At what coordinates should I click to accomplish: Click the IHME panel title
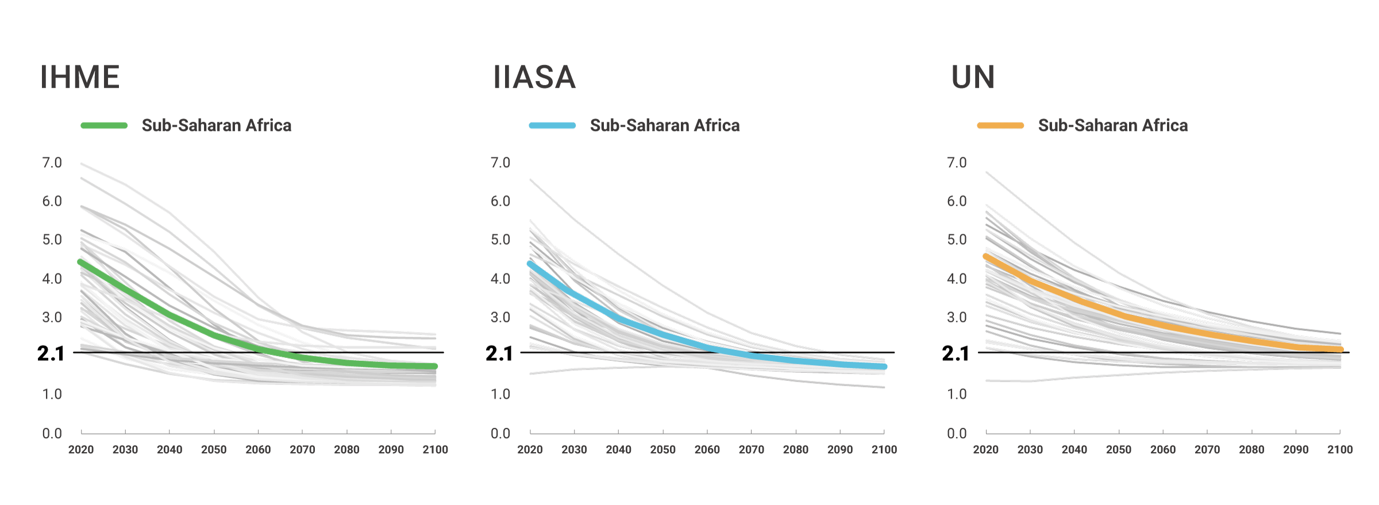click(x=80, y=77)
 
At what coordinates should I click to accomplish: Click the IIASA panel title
click(x=534, y=77)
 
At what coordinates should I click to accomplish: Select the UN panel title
click(x=973, y=77)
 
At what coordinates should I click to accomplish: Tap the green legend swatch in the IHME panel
click(x=104, y=125)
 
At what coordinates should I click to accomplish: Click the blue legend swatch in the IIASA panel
click(x=552, y=125)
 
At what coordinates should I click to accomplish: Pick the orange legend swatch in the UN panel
click(x=1000, y=125)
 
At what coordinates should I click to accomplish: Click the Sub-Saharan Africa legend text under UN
click(x=1112, y=125)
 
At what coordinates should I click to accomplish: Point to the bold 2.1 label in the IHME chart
click(x=51, y=353)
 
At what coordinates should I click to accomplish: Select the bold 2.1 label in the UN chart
click(x=956, y=353)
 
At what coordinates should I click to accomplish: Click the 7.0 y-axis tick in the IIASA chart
click(x=500, y=163)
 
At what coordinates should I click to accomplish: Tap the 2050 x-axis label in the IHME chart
click(x=214, y=450)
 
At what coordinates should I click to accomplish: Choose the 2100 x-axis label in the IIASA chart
click(x=884, y=450)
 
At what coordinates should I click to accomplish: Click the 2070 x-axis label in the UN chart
click(x=1207, y=450)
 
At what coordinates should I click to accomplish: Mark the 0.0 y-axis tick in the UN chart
click(x=957, y=433)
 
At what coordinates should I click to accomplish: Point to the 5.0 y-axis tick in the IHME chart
click(x=52, y=240)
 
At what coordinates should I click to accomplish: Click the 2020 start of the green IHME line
click(x=81, y=262)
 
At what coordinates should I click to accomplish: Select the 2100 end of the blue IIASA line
click(x=884, y=367)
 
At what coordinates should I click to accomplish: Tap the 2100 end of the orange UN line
click(x=1340, y=349)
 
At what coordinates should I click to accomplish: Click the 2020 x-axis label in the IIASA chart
click(x=530, y=450)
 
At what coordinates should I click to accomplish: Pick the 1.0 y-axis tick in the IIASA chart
click(x=500, y=394)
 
